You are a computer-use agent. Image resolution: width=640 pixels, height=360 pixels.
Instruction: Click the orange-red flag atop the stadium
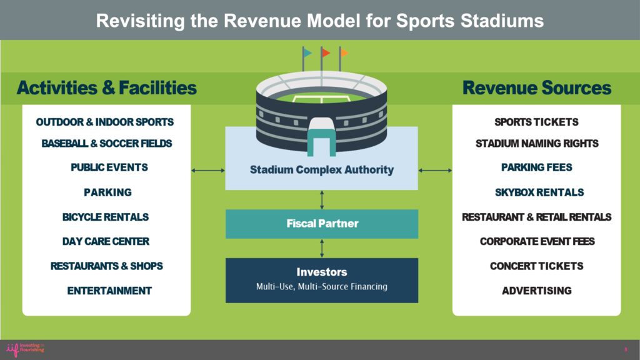326,52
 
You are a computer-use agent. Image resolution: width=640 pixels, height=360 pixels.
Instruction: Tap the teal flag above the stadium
307,52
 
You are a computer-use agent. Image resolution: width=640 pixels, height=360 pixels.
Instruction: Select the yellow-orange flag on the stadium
344,52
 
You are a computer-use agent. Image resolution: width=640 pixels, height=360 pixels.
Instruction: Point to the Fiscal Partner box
322,224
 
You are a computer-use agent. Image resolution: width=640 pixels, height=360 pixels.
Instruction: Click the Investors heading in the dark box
322,272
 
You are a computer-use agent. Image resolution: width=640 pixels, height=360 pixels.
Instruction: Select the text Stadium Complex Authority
322,170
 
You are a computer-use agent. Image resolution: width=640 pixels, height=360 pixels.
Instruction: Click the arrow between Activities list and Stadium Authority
208,170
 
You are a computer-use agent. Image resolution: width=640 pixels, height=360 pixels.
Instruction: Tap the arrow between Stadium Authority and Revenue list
435,170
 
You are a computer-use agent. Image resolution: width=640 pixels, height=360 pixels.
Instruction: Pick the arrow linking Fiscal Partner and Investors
322,248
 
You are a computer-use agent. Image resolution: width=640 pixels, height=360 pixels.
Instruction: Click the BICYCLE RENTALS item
105,217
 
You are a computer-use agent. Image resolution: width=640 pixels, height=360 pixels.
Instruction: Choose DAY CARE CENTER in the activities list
106,242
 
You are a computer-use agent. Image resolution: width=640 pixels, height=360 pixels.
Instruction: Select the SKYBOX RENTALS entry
539,192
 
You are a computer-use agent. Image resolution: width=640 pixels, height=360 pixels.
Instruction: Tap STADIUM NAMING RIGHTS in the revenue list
537,144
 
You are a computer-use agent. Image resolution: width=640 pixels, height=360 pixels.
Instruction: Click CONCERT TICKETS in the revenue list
536,266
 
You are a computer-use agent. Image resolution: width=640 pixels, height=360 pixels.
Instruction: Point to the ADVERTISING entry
536,291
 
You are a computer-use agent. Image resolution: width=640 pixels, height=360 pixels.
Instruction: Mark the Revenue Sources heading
537,87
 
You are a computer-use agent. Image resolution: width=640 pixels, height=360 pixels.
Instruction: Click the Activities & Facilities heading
106,87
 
